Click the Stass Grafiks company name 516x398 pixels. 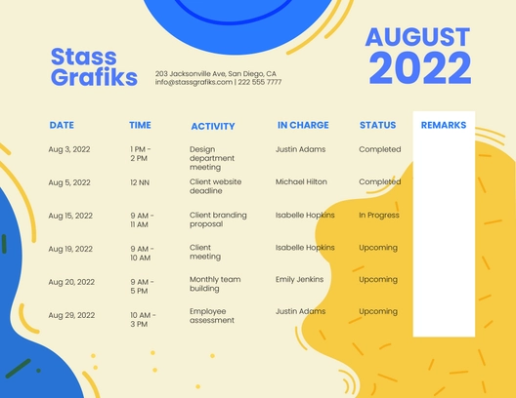point(94,67)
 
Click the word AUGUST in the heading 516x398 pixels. point(417,37)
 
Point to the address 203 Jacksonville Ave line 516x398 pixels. point(216,74)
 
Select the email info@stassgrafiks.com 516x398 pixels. point(193,83)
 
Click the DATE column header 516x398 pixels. point(62,125)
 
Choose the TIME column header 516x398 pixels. point(140,125)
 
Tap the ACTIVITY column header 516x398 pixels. point(213,126)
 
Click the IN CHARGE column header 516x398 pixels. point(303,125)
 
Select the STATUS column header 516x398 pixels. point(378,125)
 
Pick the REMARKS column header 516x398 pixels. point(444,125)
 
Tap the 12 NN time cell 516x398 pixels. point(139,182)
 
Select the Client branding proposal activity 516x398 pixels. point(218,219)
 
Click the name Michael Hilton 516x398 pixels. point(301,181)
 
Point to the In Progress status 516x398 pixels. point(379,215)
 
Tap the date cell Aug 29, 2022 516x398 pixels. point(71,315)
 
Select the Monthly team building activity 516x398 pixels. point(214,284)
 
